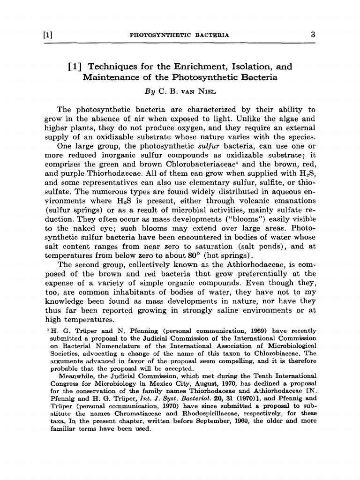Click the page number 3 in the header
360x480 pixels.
click(311, 35)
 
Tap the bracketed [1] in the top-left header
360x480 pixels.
click(47, 35)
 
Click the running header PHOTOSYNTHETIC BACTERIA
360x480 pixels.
click(179, 35)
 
